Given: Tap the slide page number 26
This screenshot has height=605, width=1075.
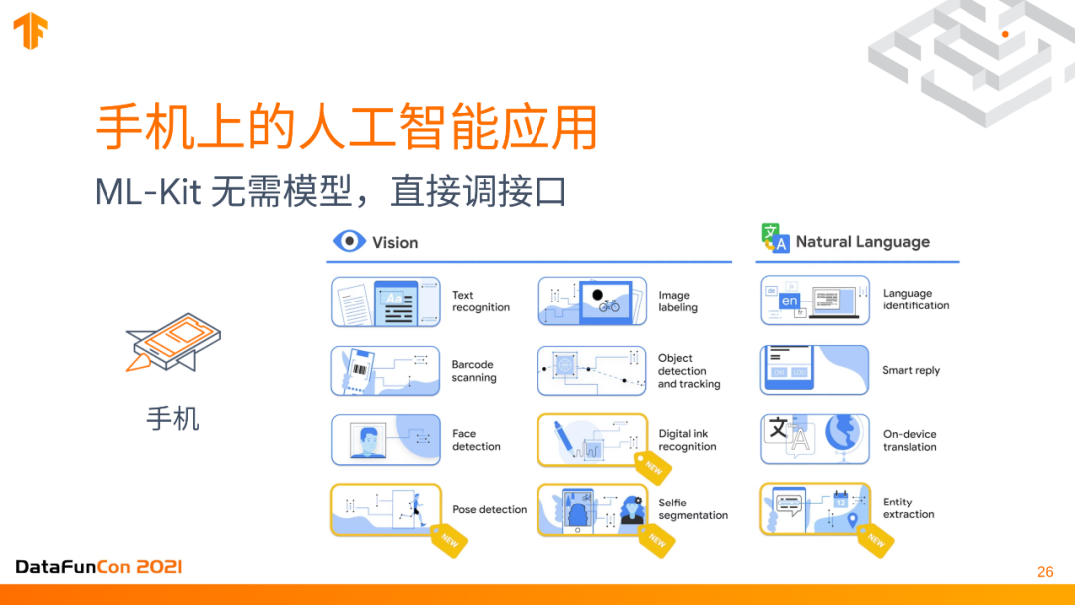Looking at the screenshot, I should [1044, 571].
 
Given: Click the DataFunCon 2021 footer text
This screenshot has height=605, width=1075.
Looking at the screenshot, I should [99, 567].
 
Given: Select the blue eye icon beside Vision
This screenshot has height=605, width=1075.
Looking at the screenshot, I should [348, 242].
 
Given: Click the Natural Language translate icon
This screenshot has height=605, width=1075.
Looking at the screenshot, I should [774, 238].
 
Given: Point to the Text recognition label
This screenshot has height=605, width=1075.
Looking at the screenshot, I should [480, 302].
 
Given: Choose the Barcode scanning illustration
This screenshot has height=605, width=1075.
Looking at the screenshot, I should [385, 371].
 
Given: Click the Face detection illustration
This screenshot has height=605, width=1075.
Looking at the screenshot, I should [385, 440].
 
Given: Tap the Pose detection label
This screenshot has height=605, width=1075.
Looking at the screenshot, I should [489, 509].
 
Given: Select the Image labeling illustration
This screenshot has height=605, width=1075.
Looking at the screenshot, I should [592, 302].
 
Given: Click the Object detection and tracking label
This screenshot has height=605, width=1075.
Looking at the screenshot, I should [688, 371].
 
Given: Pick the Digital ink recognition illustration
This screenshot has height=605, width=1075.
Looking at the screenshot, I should [592, 440].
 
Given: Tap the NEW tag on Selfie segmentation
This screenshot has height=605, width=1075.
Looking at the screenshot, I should [656, 540].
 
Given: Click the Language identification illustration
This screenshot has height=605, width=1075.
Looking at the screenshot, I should [814, 301].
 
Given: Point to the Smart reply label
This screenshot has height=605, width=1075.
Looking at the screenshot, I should [910, 370].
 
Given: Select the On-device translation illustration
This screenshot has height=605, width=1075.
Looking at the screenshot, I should [814, 439].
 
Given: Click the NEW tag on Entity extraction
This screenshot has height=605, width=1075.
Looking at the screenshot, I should [875, 540].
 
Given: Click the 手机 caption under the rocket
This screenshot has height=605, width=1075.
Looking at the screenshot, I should [173, 418].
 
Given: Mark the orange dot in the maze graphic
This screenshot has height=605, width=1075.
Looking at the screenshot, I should [1005, 34].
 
